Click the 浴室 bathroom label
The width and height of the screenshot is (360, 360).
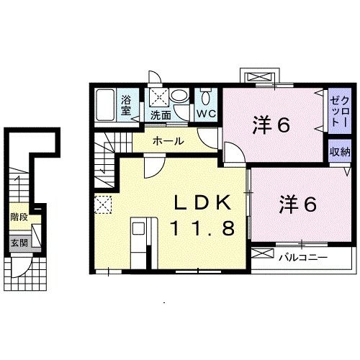click(x=125, y=106)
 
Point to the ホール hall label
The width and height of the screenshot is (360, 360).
click(x=168, y=141)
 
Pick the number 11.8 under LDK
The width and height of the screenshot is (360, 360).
click(x=202, y=229)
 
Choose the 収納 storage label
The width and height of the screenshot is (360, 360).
click(x=340, y=152)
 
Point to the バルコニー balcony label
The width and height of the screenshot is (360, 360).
click(x=303, y=257)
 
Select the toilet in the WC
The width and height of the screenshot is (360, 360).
click(x=206, y=98)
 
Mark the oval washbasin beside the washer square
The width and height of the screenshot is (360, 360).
click(x=181, y=96)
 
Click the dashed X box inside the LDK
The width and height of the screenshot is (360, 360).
click(x=103, y=205)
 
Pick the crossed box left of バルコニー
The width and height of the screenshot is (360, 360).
click(x=262, y=256)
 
